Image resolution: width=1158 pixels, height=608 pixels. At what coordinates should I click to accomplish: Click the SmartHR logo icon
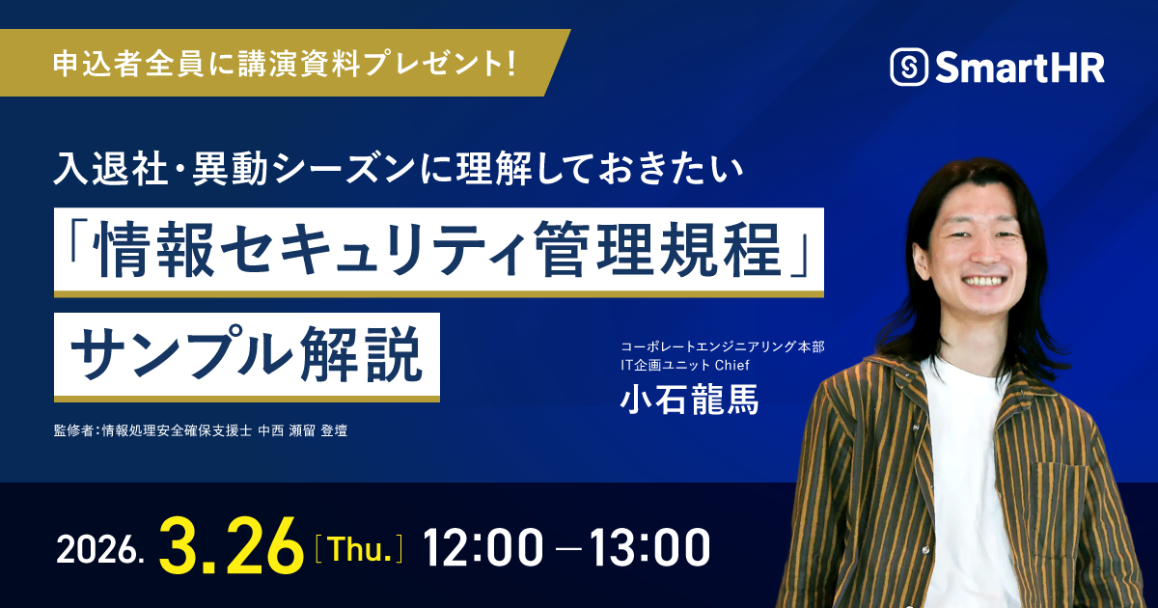[908, 68]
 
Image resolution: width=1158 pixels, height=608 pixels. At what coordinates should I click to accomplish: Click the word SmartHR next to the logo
[1018, 68]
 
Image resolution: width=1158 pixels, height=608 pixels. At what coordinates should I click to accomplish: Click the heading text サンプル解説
[247, 353]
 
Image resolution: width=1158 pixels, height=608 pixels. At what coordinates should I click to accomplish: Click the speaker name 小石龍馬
[690, 399]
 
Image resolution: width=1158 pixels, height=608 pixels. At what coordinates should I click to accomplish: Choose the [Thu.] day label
[359, 549]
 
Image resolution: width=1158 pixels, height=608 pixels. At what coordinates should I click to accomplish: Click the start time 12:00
[482, 548]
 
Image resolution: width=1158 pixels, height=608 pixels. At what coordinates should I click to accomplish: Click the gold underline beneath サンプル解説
[247, 398]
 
